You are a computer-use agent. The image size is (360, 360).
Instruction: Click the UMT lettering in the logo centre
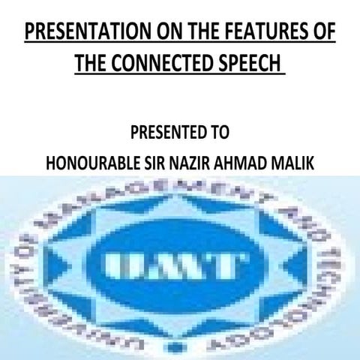pos(175,265)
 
